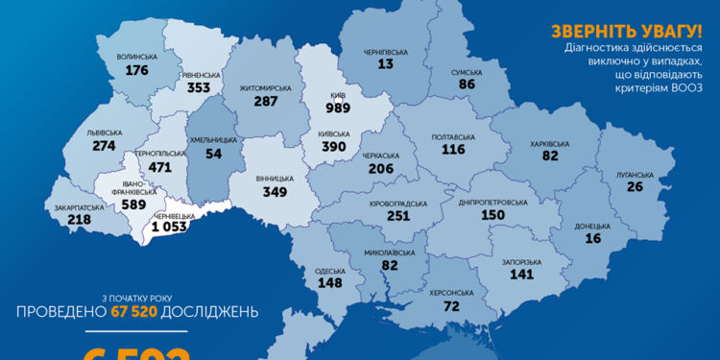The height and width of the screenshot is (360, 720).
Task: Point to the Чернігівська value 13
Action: tap(386, 64)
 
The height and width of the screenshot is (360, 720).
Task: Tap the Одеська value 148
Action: tap(331, 282)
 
